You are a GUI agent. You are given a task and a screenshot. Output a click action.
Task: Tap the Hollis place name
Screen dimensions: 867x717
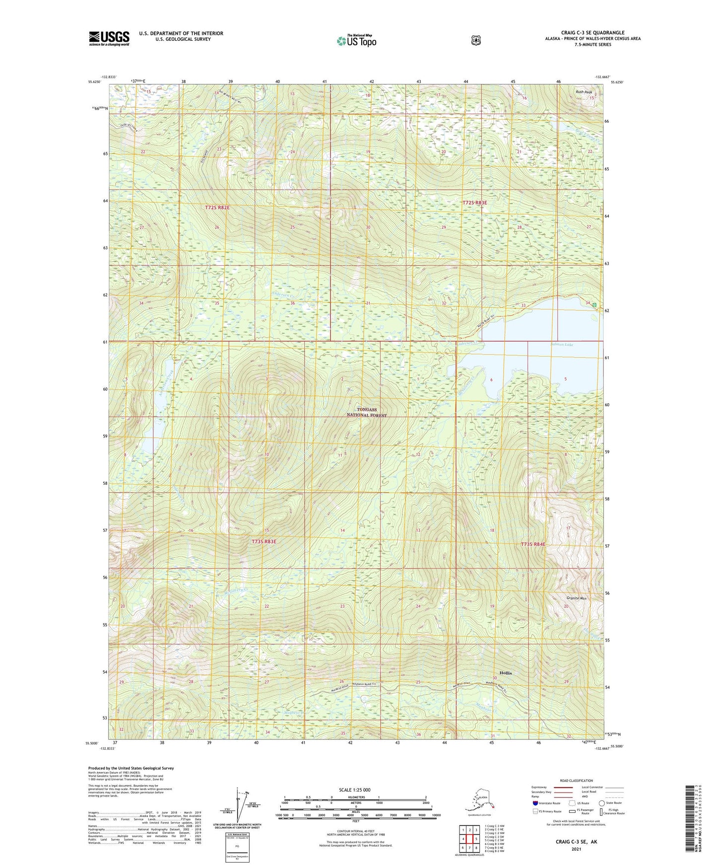tap(506, 673)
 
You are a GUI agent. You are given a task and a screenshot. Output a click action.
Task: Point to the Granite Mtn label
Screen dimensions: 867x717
tap(576, 598)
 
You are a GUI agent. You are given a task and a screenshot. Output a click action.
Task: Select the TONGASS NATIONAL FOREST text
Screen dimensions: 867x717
tap(367, 412)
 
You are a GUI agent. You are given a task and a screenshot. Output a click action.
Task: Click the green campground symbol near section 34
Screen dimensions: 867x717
tap(594, 305)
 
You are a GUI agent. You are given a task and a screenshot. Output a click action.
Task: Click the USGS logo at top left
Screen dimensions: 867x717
tap(109, 38)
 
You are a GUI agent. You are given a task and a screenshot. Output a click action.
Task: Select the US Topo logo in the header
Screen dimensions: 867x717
tap(356, 41)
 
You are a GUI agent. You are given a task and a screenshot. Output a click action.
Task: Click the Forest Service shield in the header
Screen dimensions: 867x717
tap(475, 40)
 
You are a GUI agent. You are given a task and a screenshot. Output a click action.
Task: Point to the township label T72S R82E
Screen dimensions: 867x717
tap(217, 208)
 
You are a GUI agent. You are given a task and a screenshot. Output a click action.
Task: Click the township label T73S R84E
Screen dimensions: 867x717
tap(533, 544)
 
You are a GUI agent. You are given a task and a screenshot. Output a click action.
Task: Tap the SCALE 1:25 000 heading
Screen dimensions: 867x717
tap(354, 790)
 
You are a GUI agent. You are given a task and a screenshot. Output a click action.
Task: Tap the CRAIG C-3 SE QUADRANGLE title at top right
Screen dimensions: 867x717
tap(586, 33)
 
